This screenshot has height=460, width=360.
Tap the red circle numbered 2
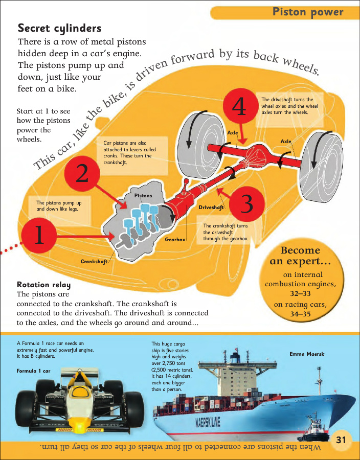click(x=82, y=174)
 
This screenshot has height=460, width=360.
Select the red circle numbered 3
click(x=247, y=204)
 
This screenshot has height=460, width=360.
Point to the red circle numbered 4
click(x=240, y=106)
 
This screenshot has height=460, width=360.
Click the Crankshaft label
click(x=94, y=261)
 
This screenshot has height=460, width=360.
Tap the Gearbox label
click(x=175, y=239)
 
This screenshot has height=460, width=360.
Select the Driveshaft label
click(x=211, y=208)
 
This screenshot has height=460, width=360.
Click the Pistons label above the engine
click(x=143, y=195)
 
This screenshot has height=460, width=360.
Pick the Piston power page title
click(x=308, y=12)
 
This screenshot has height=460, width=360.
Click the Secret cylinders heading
click(x=59, y=28)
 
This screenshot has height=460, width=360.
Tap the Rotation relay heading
click(x=43, y=285)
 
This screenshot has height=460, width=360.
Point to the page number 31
click(x=341, y=440)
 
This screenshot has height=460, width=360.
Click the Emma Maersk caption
click(x=307, y=354)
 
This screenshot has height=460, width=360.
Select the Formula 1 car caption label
click(x=33, y=371)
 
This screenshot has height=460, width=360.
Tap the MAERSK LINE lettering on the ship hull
click(x=208, y=422)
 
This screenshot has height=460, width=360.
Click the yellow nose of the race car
click(x=79, y=423)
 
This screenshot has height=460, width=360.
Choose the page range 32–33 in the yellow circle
click(x=301, y=293)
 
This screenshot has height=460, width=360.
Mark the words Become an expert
click(x=300, y=256)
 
